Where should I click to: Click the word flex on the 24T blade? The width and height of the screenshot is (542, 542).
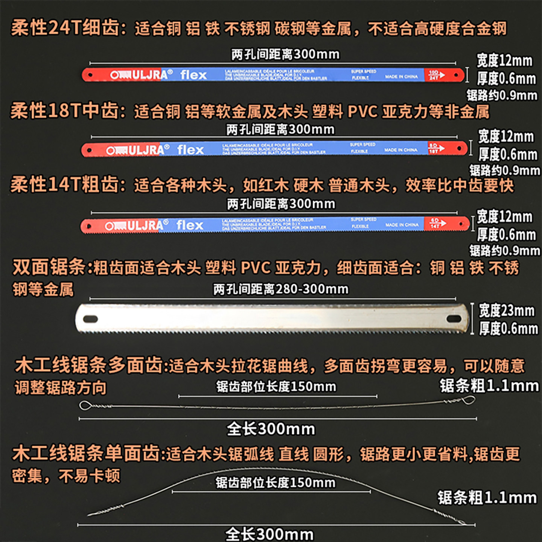click(x=193, y=75)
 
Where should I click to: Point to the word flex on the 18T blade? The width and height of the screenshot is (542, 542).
click(x=190, y=150)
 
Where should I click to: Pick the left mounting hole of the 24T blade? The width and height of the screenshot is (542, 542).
click(x=90, y=75)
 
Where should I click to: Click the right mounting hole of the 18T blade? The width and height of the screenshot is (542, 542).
click(x=460, y=149)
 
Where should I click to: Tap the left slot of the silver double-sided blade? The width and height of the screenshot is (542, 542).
click(x=90, y=319)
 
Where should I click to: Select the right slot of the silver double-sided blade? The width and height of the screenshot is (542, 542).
click(x=454, y=319)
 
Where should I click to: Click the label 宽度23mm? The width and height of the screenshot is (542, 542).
click(x=506, y=311)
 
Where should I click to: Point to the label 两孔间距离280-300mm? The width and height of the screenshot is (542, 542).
click(x=281, y=289)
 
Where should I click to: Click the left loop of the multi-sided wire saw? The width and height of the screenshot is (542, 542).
click(x=85, y=405)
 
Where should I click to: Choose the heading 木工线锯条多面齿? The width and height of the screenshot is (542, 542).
click(x=89, y=365)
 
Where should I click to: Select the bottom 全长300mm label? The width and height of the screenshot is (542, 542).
click(x=269, y=534)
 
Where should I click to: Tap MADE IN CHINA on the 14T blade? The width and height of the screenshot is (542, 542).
click(x=402, y=225)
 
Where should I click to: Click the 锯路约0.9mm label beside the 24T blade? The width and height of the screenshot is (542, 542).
click(x=502, y=95)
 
